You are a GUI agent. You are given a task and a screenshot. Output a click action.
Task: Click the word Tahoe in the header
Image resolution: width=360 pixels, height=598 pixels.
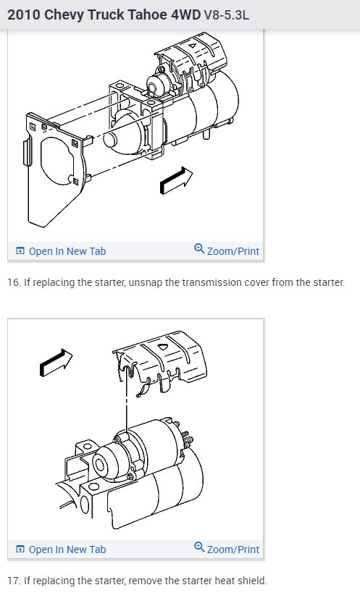[146, 15]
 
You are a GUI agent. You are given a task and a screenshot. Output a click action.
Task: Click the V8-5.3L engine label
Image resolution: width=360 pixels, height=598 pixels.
[227, 15]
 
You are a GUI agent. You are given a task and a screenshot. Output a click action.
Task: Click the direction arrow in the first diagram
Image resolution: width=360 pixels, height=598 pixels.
[176, 180]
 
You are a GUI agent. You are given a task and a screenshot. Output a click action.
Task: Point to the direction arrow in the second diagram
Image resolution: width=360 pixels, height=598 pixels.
[56, 363]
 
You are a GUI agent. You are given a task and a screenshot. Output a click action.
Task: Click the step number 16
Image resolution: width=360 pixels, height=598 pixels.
[14, 282]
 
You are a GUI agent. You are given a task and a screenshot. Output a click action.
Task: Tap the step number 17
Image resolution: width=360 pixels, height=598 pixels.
[14, 581]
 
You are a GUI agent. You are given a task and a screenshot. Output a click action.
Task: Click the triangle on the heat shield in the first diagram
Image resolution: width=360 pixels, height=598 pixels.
[193, 46]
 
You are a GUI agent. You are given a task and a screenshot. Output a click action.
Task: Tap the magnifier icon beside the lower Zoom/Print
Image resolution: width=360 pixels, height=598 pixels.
[199, 547]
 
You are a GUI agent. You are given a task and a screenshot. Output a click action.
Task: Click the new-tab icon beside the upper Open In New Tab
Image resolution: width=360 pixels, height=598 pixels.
[20, 251]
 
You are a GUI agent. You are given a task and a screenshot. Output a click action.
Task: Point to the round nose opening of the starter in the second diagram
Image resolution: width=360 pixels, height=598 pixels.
[100, 465]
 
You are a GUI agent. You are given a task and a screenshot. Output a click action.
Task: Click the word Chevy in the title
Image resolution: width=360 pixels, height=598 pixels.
[64, 15]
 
